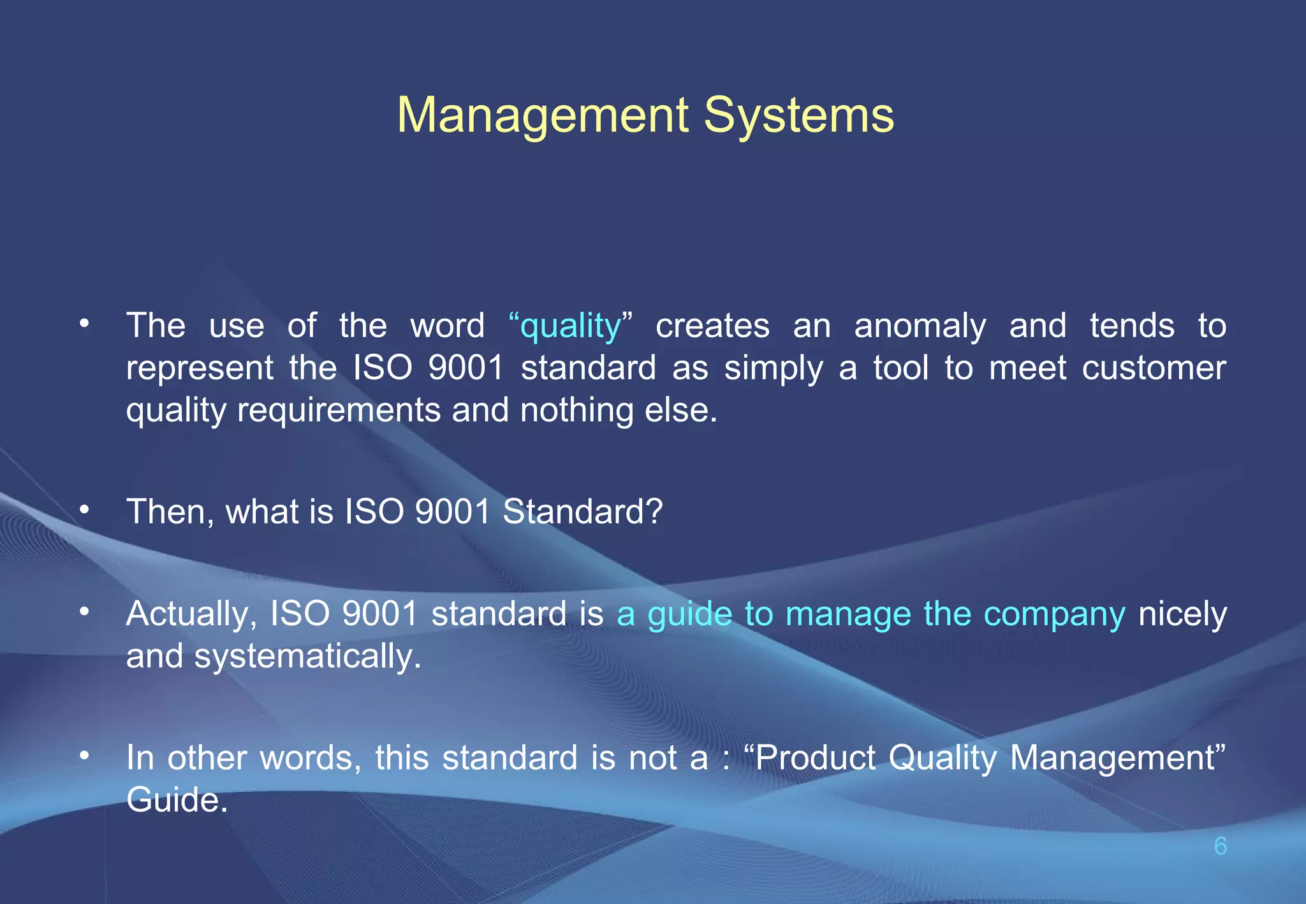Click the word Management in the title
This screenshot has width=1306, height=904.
coord(543,115)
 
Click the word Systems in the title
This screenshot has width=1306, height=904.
coord(799,115)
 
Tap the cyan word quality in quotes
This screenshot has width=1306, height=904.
coord(570,326)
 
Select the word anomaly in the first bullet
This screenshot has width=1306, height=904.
coord(920,326)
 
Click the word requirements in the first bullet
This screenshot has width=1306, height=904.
coord(339,410)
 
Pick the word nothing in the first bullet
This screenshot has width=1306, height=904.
coord(576,410)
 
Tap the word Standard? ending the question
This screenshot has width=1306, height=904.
coord(583,511)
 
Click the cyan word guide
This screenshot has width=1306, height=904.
coord(689,614)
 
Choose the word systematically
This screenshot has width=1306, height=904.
coord(307,656)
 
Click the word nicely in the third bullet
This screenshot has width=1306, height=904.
coord(1182,614)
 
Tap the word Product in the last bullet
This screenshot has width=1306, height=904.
coord(816,758)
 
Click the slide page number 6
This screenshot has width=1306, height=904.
coord(1220,846)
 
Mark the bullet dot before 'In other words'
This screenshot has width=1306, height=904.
coord(84,756)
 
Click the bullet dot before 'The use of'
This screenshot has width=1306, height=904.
coord(84,324)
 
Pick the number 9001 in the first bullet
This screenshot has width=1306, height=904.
coord(466,368)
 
